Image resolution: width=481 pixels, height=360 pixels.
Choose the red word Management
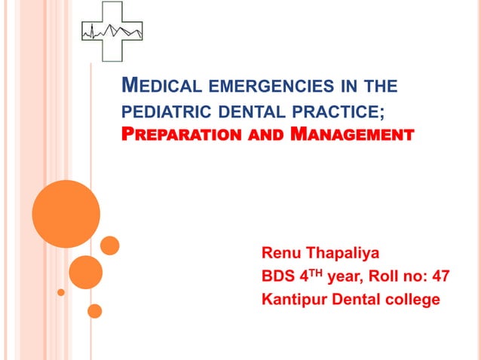(354, 136)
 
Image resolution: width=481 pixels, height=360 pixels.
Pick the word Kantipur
(293, 300)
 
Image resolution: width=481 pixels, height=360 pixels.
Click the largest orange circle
(66, 214)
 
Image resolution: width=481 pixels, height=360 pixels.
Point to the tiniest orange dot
(61, 291)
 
